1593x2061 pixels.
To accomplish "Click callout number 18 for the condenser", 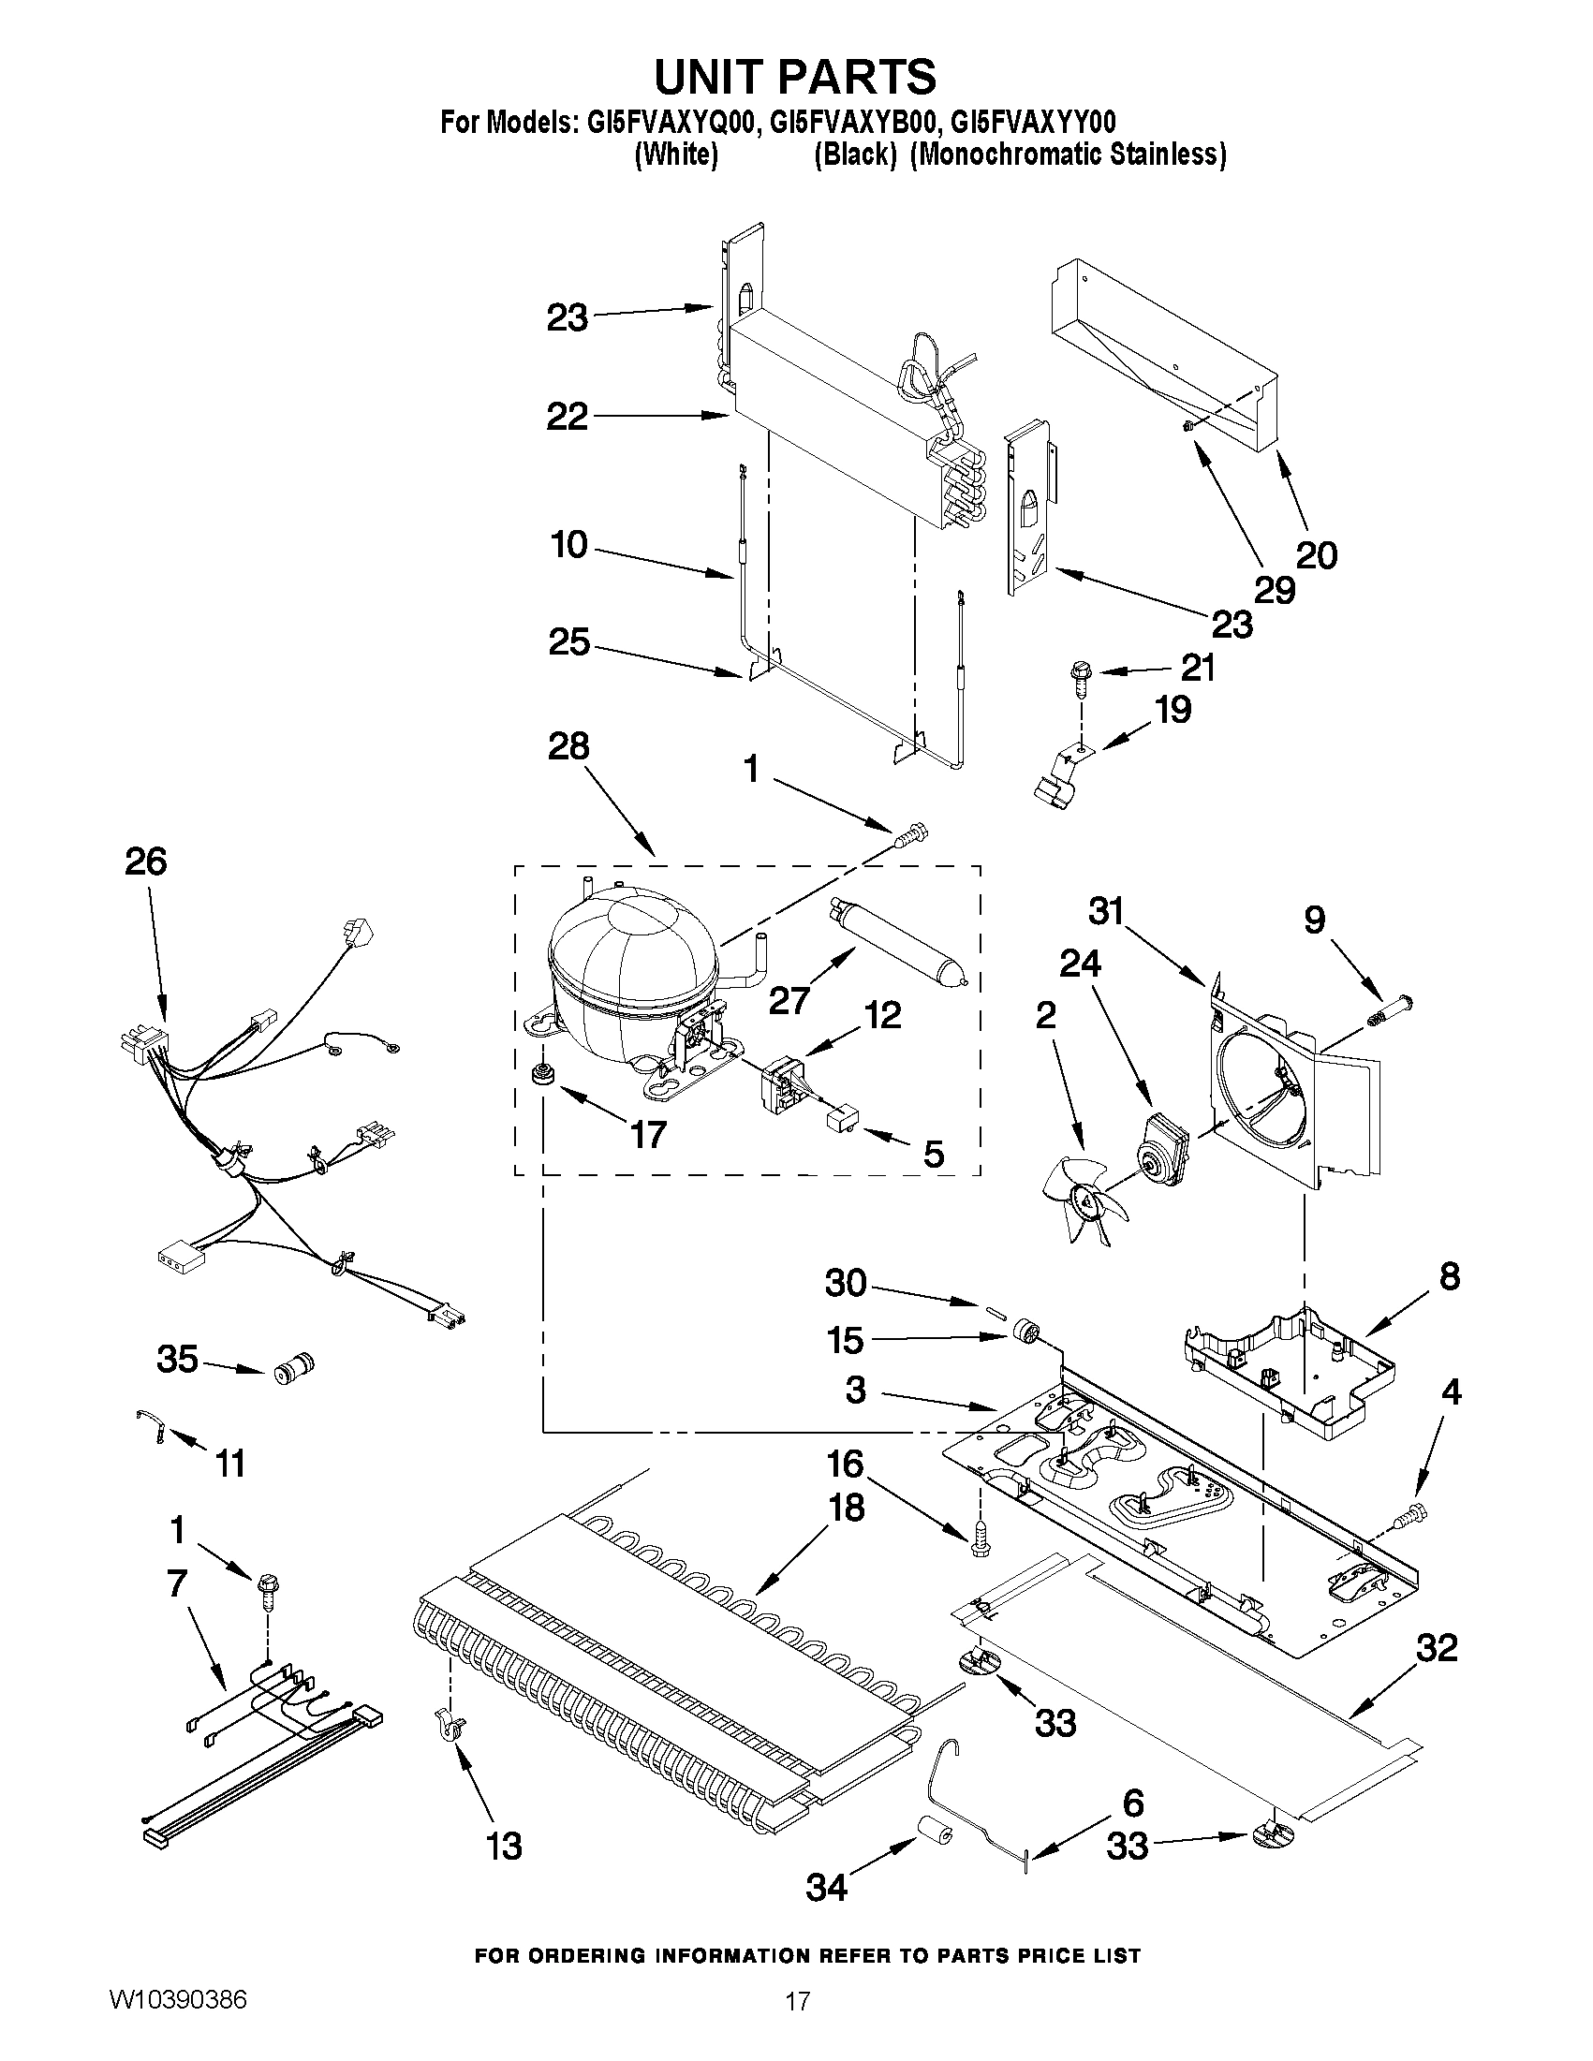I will click(x=846, y=1508).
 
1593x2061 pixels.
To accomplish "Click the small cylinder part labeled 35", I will click(x=292, y=1367).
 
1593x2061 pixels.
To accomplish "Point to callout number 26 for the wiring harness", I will click(x=146, y=861).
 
